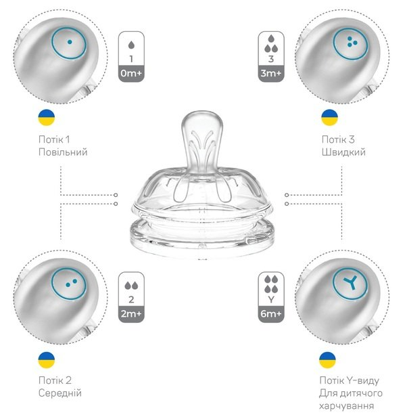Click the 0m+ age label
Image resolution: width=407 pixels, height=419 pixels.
pos(131,73)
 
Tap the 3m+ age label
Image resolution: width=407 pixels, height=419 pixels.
pos(271,73)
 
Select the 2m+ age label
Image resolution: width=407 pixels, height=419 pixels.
pos(131,313)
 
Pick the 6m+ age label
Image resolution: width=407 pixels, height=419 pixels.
pos(271,313)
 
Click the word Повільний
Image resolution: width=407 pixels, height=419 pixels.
pos(63,152)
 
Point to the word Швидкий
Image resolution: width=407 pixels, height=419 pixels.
pos(343,152)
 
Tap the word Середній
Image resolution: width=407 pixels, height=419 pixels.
pos(59,393)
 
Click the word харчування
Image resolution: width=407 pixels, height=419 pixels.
pos(346,406)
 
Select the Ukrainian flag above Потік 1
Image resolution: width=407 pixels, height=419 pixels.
pos(47,118)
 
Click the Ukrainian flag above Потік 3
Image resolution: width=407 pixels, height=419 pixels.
pos(330,118)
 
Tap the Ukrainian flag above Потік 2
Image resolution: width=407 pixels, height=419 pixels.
pos(47,360)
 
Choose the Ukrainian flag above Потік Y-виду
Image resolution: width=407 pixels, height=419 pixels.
pos(327,360)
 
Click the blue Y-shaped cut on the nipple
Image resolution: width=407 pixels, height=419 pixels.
pos(351,283)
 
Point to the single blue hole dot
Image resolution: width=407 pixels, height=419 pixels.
pos(70,42)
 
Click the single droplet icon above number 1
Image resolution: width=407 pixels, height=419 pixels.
pos(131,45)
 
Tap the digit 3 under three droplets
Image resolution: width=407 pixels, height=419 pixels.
pos(271,59)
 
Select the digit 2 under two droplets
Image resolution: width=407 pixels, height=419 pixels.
pos(131,299)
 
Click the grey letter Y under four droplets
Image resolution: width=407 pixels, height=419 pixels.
pos(271,299)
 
